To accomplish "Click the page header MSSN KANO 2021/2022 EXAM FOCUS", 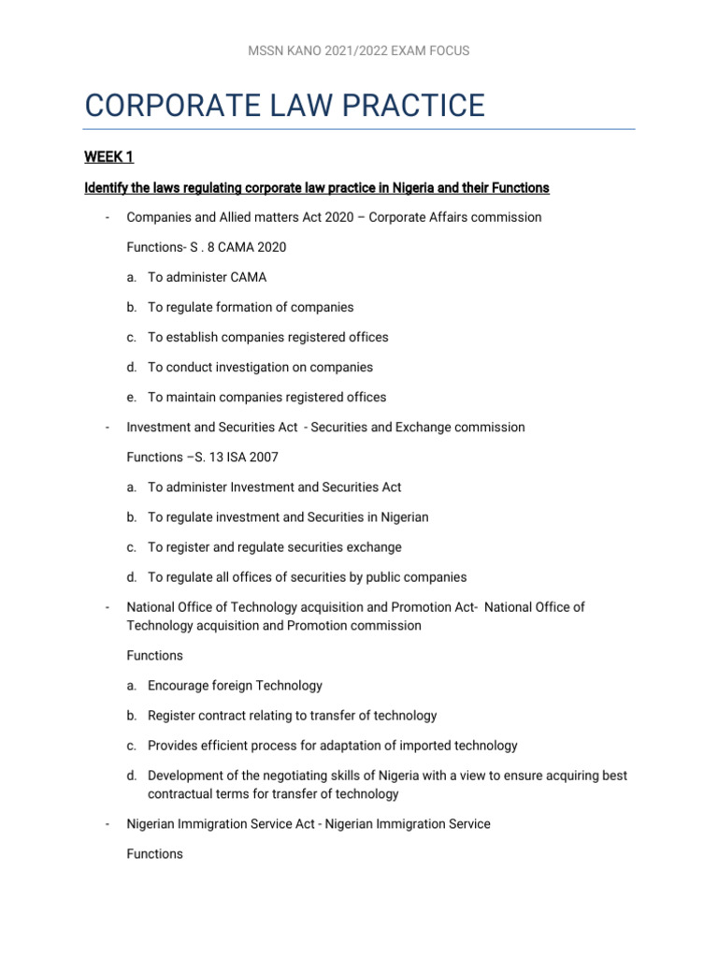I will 359,51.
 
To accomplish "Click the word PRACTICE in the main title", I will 407,105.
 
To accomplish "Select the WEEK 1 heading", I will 109,158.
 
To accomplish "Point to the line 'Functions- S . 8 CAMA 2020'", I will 207,247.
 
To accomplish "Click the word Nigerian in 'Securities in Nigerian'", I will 403,516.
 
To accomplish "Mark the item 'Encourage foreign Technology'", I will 235,686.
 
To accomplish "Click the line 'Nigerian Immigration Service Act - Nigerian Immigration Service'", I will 308,824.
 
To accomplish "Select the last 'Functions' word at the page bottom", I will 154,854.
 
